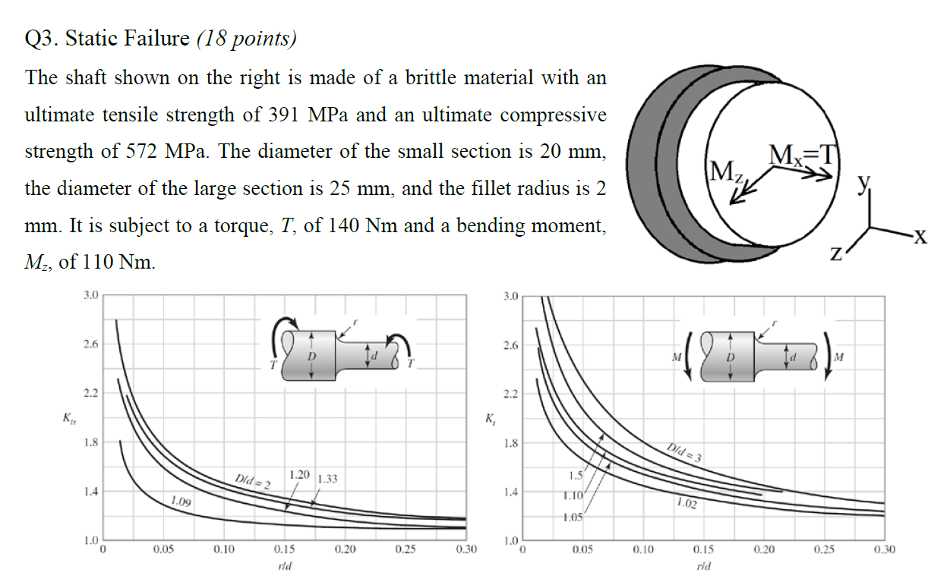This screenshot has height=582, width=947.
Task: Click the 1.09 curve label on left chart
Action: coord(181,502)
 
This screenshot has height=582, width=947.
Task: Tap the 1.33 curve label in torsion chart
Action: coord(327,480)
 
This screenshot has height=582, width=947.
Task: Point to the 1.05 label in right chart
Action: coord(573,517)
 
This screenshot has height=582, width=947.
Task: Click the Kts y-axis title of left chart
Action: coord(69,417)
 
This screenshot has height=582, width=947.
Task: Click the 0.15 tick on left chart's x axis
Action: coord(284,549)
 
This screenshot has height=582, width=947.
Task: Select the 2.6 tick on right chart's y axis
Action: coord(510,345)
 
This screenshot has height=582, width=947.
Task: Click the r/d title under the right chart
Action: coord(703,567)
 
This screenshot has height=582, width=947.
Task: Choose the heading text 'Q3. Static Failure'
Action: coord(107,39)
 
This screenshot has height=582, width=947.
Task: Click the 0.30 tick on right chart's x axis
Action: coord(884,549)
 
